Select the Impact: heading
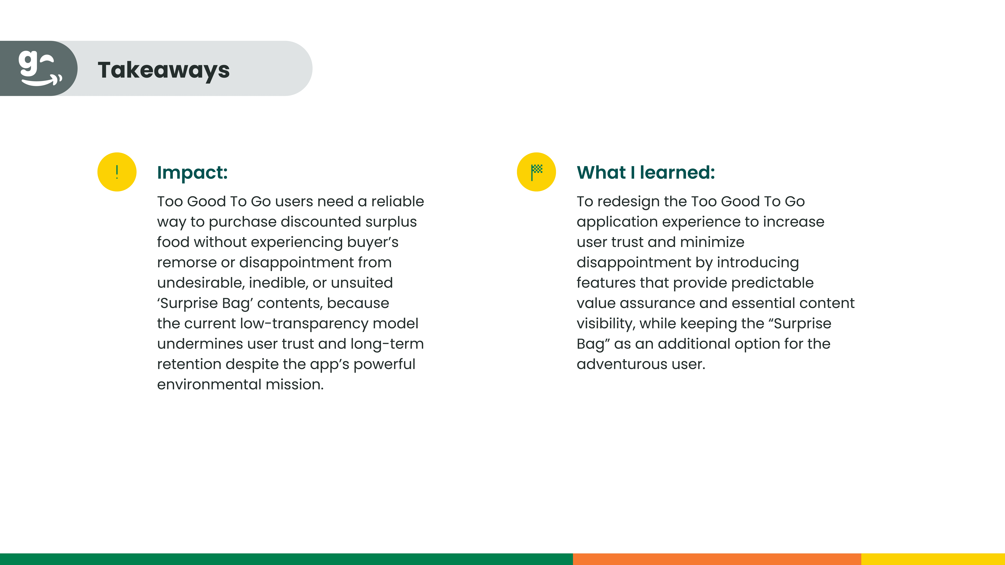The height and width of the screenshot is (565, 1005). click(x=192, y=172)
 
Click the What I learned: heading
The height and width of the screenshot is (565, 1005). click(x=646, y=172)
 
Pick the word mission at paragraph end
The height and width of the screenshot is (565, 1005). click(x=295, y=384)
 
